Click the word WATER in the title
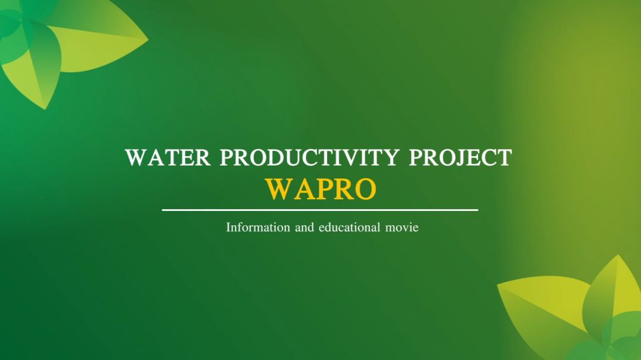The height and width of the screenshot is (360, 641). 168,158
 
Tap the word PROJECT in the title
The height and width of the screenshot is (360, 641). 460,158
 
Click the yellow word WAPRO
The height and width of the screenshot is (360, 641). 320,189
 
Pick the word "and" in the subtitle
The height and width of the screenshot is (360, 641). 304,228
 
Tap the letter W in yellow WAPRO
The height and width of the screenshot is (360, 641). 278,189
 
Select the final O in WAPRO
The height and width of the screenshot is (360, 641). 364,189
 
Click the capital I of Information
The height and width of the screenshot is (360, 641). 228,228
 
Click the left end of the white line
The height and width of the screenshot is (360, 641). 163,210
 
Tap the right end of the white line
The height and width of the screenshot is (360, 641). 477,210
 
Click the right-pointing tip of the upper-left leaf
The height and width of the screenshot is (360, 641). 148,40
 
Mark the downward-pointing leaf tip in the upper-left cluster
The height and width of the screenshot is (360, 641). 44,109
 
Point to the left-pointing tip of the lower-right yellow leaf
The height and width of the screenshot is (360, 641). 498,284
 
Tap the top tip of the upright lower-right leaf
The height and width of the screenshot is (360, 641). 618,256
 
